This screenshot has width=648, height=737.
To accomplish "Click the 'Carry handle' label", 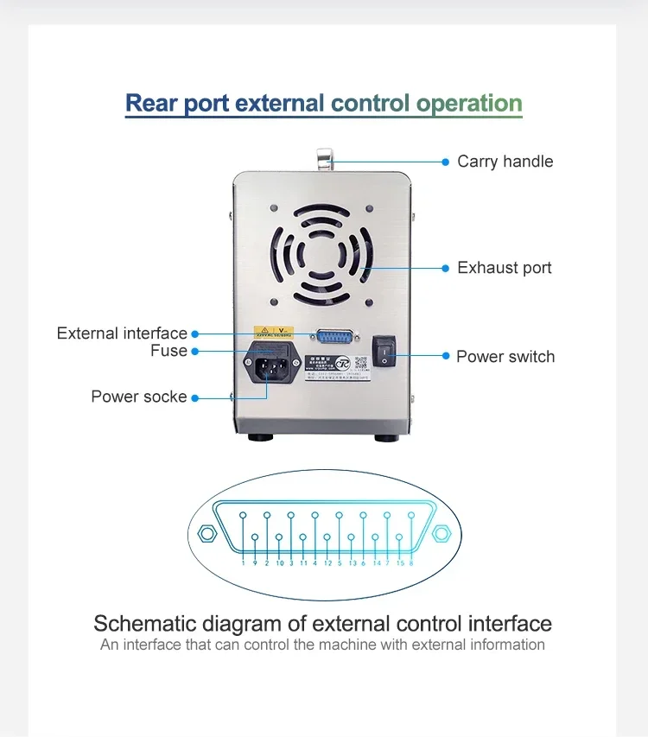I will [505, 162].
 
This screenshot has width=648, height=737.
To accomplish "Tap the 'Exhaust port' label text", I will [504, 268].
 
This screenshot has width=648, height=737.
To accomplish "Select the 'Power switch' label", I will [505, 357].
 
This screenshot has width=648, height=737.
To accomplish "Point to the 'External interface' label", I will [122, 334].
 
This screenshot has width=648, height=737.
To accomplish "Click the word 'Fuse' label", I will [168, 351].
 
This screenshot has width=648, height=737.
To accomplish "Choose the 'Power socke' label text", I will [138, 397].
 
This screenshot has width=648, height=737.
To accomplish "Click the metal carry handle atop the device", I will [324, 158].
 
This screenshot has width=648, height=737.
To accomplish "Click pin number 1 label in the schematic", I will [244, 563].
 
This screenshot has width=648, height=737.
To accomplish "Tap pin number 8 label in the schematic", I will [410, 563].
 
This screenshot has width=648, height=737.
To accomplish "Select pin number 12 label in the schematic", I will [327, 563].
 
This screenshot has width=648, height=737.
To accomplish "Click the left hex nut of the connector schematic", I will [206, 532].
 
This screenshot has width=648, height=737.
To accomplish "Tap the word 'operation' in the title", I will [468, 104].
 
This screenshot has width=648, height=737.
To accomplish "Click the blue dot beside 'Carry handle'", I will [446, 162].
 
